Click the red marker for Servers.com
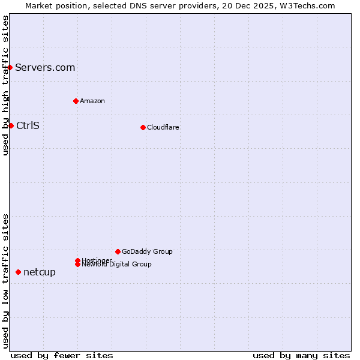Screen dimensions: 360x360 pos(10,67)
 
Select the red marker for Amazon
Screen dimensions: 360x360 pos(76,101)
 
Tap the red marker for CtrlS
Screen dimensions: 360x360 pos(11,125)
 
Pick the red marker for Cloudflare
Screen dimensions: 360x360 pos(143,127)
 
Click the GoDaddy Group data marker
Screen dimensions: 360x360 pos(118,251)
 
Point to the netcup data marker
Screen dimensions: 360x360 pos(18,272)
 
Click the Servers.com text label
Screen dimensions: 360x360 pos(45,67)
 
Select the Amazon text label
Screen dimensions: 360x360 pos(92,101)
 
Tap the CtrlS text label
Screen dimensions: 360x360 pos(28,125)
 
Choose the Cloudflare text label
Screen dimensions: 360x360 pos(163,127)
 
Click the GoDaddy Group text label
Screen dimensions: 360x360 pos(147,251)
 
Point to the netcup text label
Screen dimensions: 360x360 pos(40,272)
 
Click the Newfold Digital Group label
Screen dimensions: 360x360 pos(117,265)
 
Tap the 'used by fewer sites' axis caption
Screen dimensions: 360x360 pos(62,355)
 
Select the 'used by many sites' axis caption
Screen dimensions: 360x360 pos(301,355)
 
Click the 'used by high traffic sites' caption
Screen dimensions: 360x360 pos(6,85)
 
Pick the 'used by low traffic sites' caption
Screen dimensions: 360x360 pos(6,280)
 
